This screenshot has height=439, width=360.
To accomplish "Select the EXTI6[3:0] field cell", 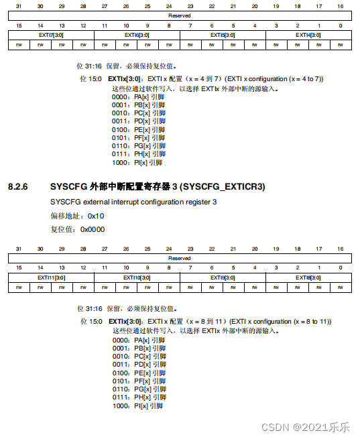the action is [x=136, y=35].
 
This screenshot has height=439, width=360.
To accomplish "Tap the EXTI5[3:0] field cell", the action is [x=222, y=35].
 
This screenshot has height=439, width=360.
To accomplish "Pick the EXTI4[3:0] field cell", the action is [x=308, y=35].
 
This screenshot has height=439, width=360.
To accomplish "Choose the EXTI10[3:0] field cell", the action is [x=136, y=277].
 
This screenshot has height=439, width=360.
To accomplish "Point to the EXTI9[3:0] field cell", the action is [x=222, y=277].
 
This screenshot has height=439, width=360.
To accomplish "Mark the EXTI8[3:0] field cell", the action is [x=308, y=277].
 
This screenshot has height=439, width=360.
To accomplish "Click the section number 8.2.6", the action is [x=19, y=186].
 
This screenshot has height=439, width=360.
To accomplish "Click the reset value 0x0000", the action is [x=93, y=229].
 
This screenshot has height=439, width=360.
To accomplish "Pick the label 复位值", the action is [x=62, y=229].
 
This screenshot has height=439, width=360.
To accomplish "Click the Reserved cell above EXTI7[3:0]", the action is [x=179, y=15].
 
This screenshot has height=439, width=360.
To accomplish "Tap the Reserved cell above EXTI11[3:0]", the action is [x=179, y=258].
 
